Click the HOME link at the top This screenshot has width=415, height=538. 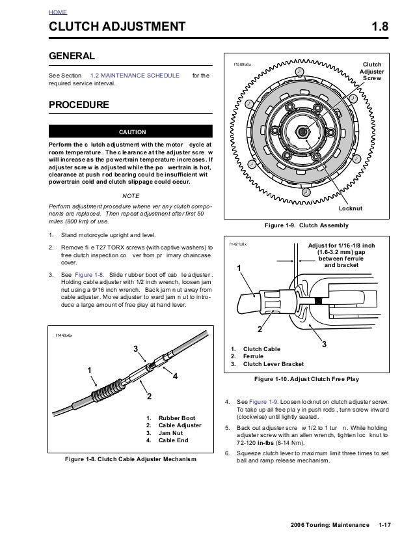tap(57, 12)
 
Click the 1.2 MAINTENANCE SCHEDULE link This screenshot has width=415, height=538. tap(135, 76)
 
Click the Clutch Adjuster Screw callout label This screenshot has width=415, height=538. tap(372, 70)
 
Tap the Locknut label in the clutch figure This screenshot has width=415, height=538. tap(351, 208)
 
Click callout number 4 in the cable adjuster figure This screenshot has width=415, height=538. tap(175, 376)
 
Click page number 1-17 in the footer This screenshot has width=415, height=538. tap(388, 524)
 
